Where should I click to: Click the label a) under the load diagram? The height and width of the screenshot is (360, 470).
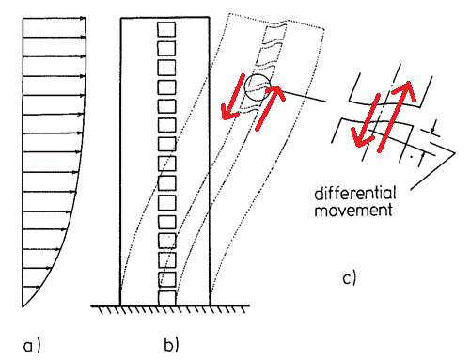tap(32, 346)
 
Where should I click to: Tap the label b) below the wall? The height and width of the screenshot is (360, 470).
tap(171, 344)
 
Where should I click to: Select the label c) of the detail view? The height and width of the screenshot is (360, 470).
tap(350, 278)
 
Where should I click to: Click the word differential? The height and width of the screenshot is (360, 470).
tap(355, 194)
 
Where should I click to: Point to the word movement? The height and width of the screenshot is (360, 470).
tap(353, 210)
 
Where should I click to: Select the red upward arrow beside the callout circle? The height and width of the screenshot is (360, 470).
tap(270, 107)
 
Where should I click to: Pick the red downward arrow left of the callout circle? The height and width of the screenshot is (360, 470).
tap(232, 97)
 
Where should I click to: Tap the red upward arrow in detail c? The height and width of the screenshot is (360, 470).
tap(396, 116)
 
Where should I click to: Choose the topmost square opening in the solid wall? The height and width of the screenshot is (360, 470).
tap(166, 29)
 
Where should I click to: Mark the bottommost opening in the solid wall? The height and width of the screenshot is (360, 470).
tap(167, 298)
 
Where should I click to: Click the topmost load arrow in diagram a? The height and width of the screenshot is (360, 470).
tap(54, 19)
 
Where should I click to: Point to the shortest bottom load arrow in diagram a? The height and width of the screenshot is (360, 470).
tap(31, 287)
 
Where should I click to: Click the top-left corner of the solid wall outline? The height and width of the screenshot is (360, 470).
tap(121, 18)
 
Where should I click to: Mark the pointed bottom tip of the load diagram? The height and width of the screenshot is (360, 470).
tap(23, 307)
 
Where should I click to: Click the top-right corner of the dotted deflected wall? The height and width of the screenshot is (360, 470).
tap(324, 29)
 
